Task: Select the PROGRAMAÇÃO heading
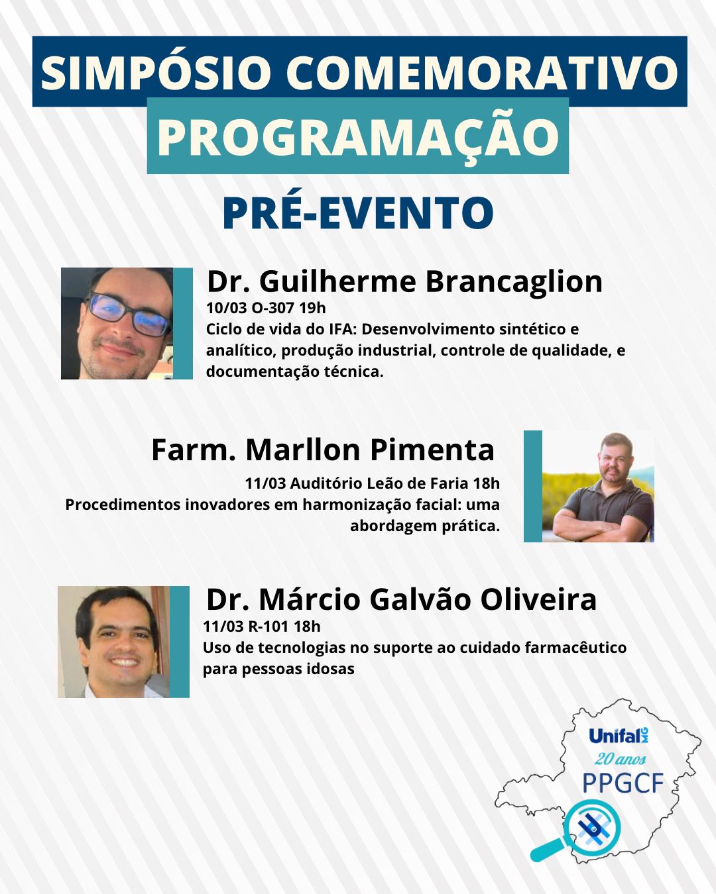(x=358, y=136)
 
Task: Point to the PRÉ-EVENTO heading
(x=358, y=213)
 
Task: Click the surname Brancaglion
(x=514, y=281)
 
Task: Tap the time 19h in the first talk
(x=312, y=308)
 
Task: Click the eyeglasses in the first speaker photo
(x=128, y=315)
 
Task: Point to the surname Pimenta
(x=432, y=450)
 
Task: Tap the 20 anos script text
(x=620, y=759)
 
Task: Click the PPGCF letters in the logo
(x=623, y=783)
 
